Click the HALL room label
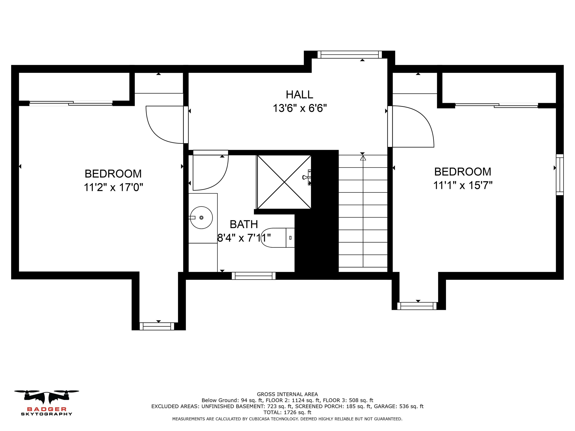click(299, 95)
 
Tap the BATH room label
click(244, 224)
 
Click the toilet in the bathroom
click(278, 238)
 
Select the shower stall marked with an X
click(284, 182)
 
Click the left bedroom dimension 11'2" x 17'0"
click(113, 187)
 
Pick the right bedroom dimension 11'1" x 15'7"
click(463, 185)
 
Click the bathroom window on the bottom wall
click(253, 276)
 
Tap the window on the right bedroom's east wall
click(560, 175)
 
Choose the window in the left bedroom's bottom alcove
click(157, 326)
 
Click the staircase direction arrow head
click(363, 158)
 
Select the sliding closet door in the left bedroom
click(71, 103)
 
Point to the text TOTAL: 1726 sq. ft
click(287, 412)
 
